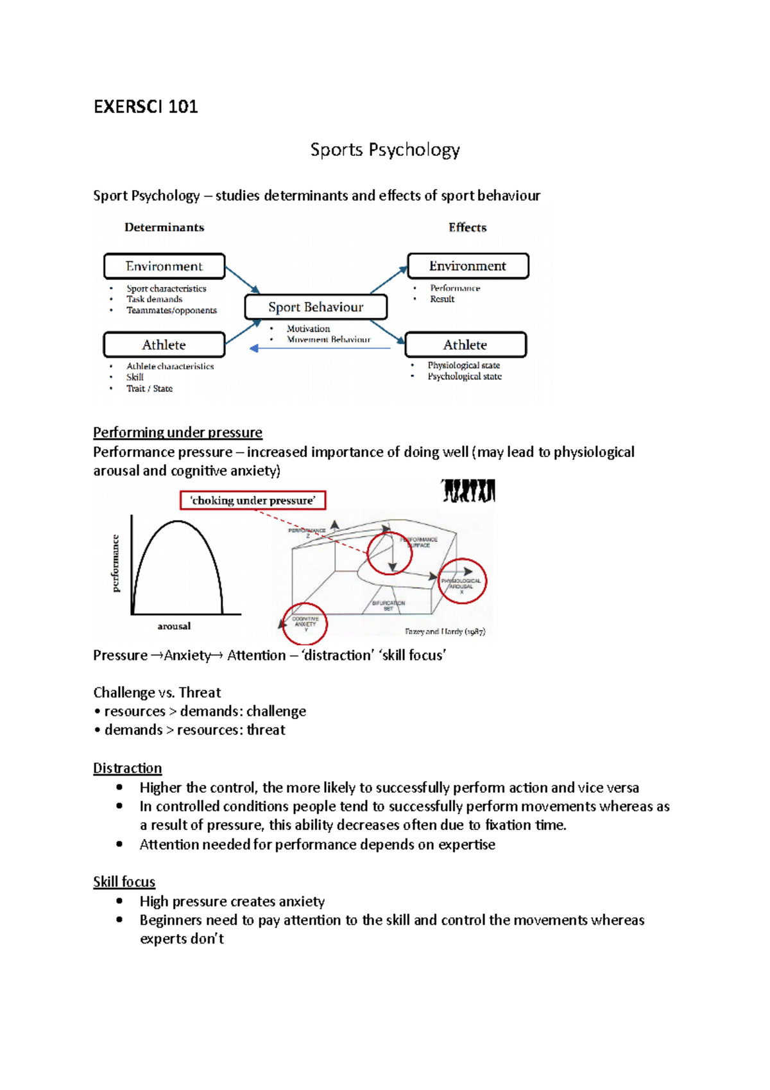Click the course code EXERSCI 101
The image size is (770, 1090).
coord(146,107)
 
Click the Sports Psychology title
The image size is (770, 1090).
coord(385,150)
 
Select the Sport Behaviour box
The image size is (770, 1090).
coord(316,307)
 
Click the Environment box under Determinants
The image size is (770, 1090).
coord(164,266)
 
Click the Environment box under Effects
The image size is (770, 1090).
coord(468,266)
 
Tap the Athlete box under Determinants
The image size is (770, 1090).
coord(164,345)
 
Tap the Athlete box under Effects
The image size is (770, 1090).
coord(465,345)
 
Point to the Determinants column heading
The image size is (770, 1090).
coord(164,227)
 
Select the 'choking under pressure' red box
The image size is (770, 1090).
coord(253,500)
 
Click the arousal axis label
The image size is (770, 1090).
coord(174,626)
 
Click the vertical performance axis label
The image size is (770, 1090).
coord(116,563)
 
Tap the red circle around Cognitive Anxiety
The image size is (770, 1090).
coord(305,623)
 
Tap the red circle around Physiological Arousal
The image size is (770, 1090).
coord(462,582)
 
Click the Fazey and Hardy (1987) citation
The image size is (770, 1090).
coord(445,632)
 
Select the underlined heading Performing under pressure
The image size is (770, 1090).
coord(178,432)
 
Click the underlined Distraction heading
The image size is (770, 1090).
coord(127,768)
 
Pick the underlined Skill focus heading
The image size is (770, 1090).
coord(124,882)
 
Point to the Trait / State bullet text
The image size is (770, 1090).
coord(150,388)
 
